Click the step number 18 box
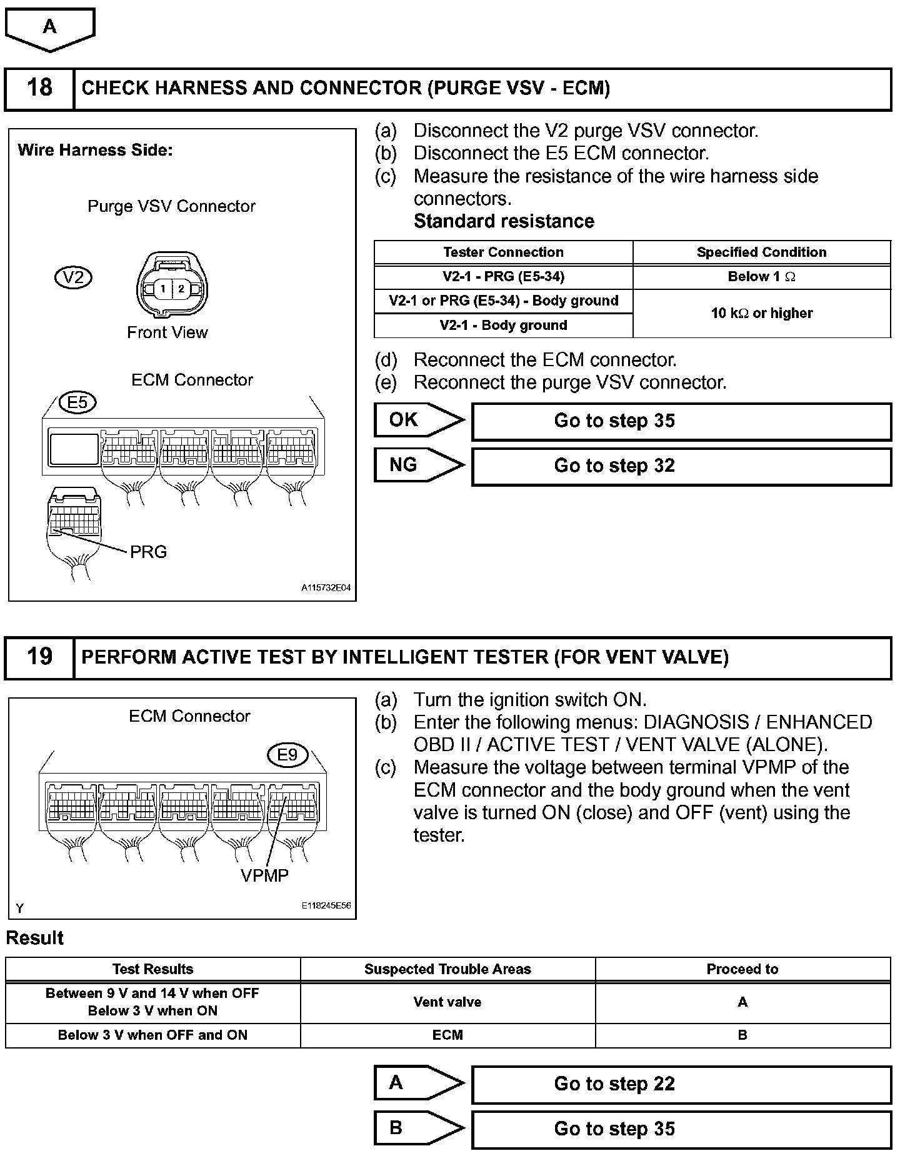39,88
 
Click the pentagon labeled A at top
50,28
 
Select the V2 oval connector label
73,277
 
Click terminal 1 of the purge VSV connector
162,289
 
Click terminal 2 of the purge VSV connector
181,289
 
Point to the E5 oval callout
77,402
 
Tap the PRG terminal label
148,552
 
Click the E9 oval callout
287,755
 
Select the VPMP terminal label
264,875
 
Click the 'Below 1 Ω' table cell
761,277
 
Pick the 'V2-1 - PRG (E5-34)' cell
503,277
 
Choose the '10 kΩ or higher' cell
761,313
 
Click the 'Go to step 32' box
681,466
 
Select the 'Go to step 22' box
681,1084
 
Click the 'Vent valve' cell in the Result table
447,1002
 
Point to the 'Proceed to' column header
742,969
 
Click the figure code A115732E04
326,588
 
